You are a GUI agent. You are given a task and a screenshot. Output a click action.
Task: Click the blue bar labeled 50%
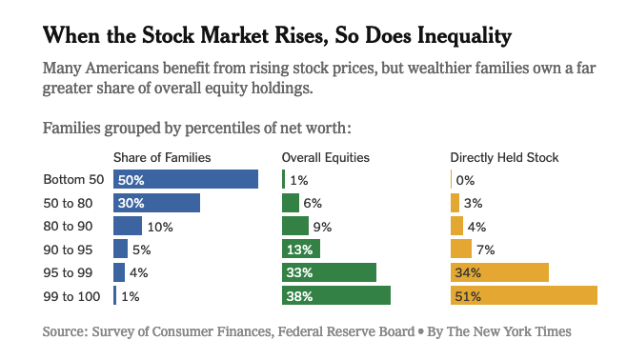click(x=186, y=179)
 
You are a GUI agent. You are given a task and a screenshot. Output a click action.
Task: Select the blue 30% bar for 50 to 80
click(x=156, y=203)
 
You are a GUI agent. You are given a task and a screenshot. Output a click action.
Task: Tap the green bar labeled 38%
click(x=336, y=295)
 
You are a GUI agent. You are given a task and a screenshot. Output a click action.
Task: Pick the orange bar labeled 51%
click(x=524, y=295)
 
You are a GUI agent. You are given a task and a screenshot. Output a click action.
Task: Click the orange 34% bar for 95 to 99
click(x=499, y=272)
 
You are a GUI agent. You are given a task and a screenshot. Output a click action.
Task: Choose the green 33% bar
click(x=329, y=272)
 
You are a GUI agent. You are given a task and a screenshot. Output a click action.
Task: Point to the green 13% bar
click(x=301, y=249)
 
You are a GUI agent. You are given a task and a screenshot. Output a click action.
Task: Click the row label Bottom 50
click(x=73, y=179)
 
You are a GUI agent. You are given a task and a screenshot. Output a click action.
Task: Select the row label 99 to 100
click(x=71, y=296)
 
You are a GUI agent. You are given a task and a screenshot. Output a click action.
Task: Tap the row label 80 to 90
click(x=68, y=226)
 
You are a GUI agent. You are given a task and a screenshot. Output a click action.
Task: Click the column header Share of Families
click(x=162, y=157)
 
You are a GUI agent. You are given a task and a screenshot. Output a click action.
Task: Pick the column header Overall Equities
click(x=326, y=157)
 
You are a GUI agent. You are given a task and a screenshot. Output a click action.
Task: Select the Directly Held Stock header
click(x=504, y=157)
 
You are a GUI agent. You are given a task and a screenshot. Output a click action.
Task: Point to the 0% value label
click(x=465, y=180)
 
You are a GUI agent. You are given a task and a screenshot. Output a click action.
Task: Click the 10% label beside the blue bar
click(x=160, y=227)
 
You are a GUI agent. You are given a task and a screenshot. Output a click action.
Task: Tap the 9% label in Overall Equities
click(x=322, y=227)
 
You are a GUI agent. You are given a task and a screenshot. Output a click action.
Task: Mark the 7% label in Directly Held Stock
click(x=485, y=250)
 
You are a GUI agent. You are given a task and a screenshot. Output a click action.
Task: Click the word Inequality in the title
click(x=465, y=36)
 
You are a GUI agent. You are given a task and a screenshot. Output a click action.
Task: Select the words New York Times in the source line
click(x=523, y=331)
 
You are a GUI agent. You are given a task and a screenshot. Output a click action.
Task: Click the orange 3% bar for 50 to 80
click(x=455, y=203)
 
